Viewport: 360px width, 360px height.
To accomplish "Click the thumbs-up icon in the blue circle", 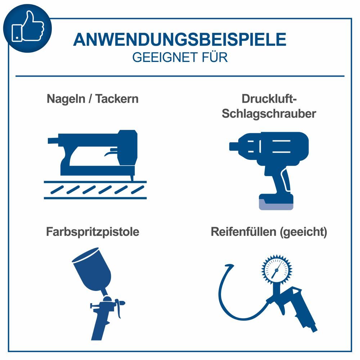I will pos(27,28).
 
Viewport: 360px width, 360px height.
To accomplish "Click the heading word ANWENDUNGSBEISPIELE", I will pos(180,39).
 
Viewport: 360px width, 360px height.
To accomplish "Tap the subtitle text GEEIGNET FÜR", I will pos(180,58).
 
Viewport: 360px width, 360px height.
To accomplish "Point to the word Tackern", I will pos(117,99).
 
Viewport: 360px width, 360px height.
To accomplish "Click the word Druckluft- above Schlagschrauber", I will pos(269,99).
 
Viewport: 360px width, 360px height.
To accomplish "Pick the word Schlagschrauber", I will pos(269,114).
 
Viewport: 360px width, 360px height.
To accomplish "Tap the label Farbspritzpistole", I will pos(93,232).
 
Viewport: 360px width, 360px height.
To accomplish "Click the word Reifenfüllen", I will pos(243,232).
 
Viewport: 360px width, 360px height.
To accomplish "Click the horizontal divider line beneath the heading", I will pos(180,76).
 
